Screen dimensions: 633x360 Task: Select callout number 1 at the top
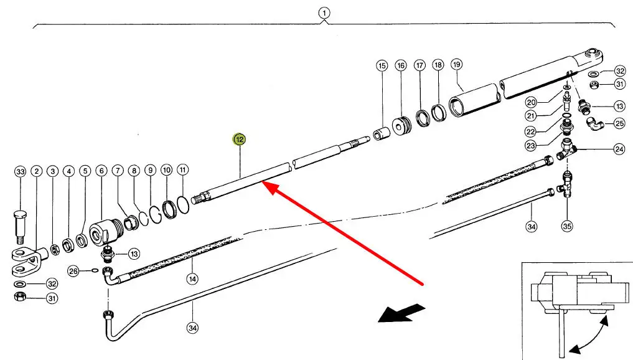(x=324, y=12)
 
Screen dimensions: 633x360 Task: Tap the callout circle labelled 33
(x=21, y=171)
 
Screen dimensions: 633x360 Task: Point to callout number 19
(x=457, y=65)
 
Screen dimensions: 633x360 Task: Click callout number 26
(x=73, y=271)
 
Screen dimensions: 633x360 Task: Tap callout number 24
(x=619, y=149)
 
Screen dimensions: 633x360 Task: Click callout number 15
(x=382, y=65)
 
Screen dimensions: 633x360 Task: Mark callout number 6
(x=101, y=171)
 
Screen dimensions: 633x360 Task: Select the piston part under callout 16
(x=401, y=125)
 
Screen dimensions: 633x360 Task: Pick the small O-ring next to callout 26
(x=94, y=270)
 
